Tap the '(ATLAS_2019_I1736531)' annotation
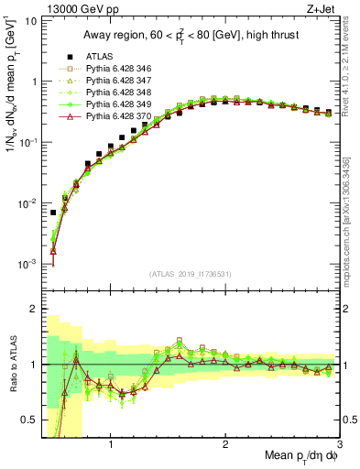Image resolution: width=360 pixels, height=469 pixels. pos(191,273)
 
